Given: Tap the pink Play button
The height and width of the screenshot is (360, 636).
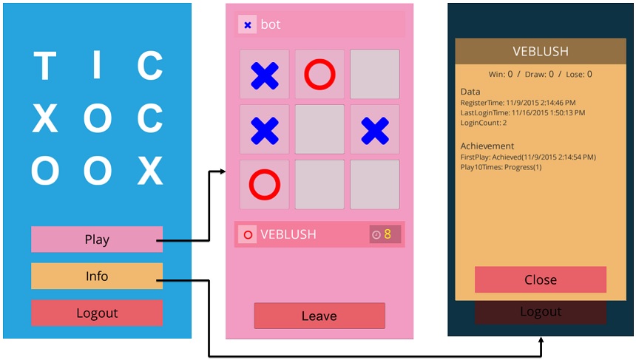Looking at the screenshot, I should coord(97,240).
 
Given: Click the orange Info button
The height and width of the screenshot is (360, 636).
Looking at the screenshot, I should coord(97,276).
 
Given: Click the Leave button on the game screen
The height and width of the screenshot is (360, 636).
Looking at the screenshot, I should coord(319,316).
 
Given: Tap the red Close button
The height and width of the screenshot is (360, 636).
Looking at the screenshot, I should coord(541,279).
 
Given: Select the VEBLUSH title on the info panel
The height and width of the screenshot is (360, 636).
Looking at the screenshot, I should coord(541,52).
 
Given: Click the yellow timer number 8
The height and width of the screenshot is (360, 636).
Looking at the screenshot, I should coord(387,234).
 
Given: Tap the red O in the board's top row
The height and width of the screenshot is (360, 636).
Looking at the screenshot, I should coord(319,75).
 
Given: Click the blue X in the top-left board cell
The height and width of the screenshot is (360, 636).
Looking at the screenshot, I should coord(265,75).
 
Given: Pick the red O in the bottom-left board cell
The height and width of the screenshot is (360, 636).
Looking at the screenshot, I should coord(265,184).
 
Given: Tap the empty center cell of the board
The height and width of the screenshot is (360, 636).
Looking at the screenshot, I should coord(319,129).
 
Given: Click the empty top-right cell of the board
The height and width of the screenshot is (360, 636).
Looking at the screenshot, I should coord(374,75).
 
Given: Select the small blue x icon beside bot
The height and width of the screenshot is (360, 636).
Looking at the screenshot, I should coord(248,25).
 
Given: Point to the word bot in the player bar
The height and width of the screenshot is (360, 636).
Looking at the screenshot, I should coord(271,25).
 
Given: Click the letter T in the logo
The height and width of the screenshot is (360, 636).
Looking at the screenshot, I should coord(45,67).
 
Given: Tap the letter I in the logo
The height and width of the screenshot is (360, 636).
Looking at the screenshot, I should coord(97,67).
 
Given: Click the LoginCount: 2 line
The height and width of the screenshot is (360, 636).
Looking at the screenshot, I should coord(484,123).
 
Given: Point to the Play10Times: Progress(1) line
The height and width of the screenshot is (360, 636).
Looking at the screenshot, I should coord(501,167).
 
